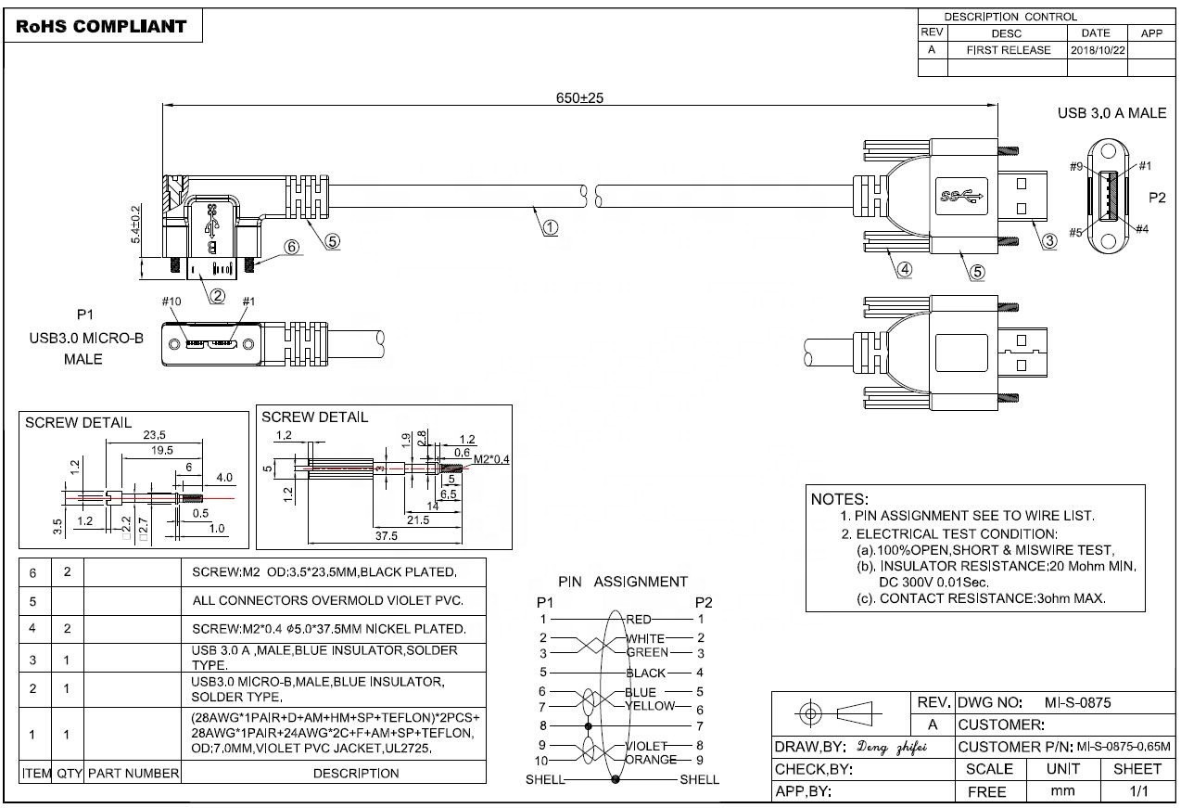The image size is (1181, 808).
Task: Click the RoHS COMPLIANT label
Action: [102, 26]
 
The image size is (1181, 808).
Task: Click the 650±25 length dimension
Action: [579, 97]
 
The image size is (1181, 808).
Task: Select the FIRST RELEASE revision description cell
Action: [1008, 50]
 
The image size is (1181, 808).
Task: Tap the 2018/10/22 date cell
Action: [1098, 50]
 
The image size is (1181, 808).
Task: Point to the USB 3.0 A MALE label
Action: [1111, 113]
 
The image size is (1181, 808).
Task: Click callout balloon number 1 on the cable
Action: [550, 226]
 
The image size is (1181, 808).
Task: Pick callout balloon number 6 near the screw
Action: [292, 248]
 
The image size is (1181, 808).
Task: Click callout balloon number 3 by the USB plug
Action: [1049, 241]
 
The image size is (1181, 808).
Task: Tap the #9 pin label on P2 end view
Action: [1076, 167]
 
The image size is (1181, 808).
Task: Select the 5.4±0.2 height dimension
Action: [135, 224]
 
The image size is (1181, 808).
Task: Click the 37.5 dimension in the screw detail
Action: [386, 536]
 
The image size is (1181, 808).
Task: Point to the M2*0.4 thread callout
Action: [491, 459]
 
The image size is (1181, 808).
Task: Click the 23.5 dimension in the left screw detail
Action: [154, 435]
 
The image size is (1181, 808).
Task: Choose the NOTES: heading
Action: [839, 498]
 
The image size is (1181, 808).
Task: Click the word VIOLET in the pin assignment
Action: [647, 746]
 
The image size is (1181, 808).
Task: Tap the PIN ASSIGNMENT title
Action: [623, 582]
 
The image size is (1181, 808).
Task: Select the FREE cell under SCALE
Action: [986, 792]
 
